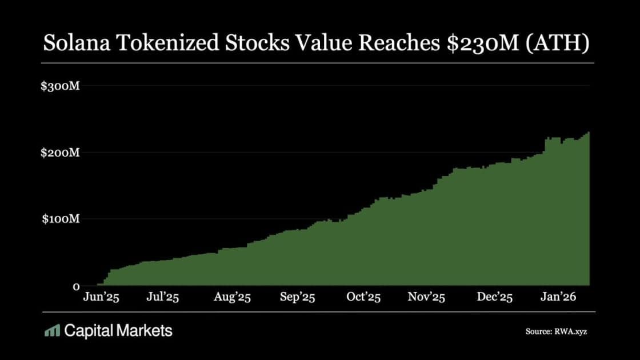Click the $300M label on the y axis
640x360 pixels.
coord(59,87)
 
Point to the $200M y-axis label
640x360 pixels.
coord(59,153)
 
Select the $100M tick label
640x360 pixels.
coord(59,219)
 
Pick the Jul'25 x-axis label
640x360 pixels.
coord(163,298)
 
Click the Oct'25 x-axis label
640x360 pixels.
coord(364,298)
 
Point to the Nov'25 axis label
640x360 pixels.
coord(427,298)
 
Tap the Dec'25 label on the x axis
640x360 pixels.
coord(495,298)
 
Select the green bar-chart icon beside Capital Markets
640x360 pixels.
coord(52,330)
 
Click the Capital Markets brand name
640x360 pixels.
coord(118,330)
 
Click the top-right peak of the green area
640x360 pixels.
coord(588,133)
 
